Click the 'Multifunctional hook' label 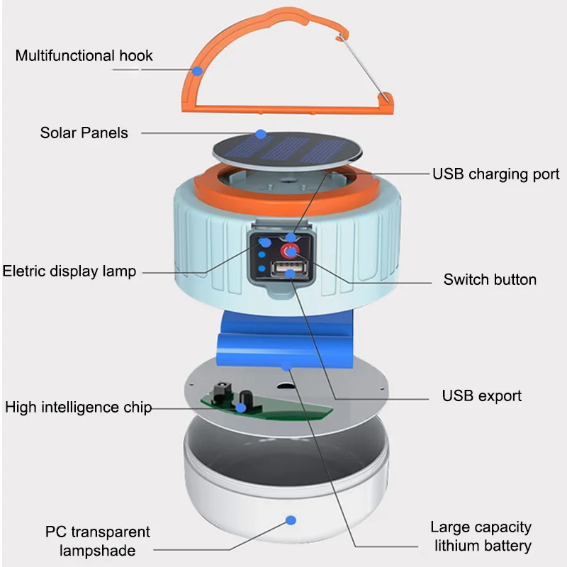coord(84,55)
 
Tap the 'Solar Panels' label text coord(84,133)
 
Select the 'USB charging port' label coord(495,174)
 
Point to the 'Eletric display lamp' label coord(69,271)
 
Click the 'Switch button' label coord(490,279)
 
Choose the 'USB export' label coord(481,395)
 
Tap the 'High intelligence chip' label coord(78,407)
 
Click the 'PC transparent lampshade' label coord(98,541)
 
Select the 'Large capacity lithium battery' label coord(481,536)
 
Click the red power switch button coord(291,251)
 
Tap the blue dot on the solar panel coord(261,133)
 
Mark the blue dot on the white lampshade coord(290,521)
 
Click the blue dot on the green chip coord(241,408)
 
